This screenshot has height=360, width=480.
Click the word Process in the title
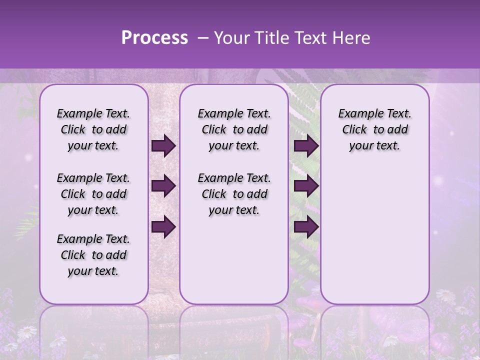click(154, 38)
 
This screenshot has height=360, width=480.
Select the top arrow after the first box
click(163, 146)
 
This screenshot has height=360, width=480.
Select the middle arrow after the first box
click(163, 186)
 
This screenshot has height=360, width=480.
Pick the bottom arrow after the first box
click(163, 227)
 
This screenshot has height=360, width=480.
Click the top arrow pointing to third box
click(306, 146)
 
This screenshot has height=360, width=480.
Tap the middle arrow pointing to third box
click(306, 186)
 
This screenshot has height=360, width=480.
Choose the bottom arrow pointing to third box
click(306, 227)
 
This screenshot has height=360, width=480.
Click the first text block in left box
click(93, 129)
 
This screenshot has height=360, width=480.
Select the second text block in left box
click(93, 194)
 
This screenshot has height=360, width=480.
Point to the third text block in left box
click(93, 255)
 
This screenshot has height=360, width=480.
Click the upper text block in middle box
click(234, 129)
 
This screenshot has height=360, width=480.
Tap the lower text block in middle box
click(234, 194)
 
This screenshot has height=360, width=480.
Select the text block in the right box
click(375, 129)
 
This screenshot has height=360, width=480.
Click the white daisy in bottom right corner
click(446, 295)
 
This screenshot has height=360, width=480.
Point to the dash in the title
click(203, 38)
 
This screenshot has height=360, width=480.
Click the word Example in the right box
click(357, 114)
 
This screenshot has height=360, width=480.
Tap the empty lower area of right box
click(375, 235)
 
